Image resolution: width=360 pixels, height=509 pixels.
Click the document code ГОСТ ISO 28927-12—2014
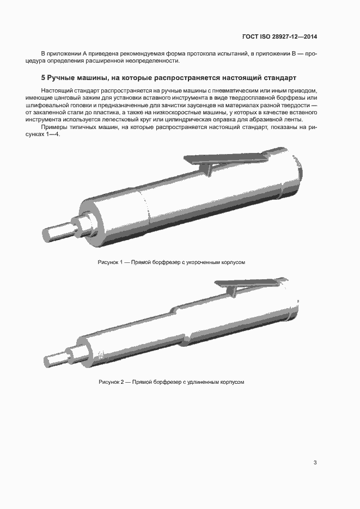pyautogui.click(x=279, y=37)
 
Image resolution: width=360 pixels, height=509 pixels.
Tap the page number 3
pyautogui.click(x=315, y=463)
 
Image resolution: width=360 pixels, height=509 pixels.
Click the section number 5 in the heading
pyautogui.click(x=44, y=77)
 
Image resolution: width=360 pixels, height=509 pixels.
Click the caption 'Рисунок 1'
pyautogui.click(x=111, y=262)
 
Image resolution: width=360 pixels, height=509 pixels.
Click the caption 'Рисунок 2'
pyautogui.click(x=111, y=382)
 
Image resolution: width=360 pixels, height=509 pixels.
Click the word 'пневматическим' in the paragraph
pyautogui.click(x=229, y=89)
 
